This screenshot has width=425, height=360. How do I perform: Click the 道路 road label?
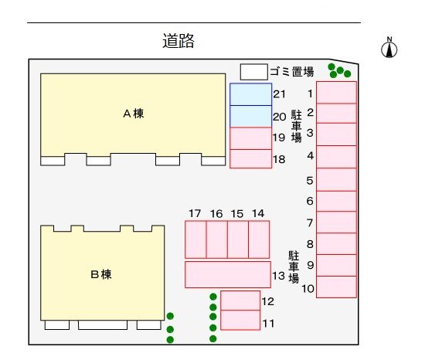[x=178, y=41]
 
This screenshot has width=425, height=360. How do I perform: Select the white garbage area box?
[x=254, y=72]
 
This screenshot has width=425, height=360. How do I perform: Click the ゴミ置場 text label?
[x=292, y=72]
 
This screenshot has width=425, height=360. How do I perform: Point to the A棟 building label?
[x=134, y=114]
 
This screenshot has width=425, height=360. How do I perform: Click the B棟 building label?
[x=100, y=274]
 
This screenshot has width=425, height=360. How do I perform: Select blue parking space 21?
[x=250, y=94]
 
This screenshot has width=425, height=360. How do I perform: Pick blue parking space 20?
[x=250, y=116]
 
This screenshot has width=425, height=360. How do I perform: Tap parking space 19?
[x=250, y=138]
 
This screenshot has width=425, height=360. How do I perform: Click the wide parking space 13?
[x=228, y=274]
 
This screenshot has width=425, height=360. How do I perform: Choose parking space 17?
[x=195, y=239]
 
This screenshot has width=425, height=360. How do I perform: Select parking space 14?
[x=259, y=239]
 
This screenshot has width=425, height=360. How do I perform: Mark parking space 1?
[x=336, y=93]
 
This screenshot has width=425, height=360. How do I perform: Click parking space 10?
[x=336, y=287]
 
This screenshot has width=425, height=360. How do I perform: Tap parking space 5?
[x=336, y=179]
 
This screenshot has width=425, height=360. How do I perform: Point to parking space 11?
[x=240, y=320]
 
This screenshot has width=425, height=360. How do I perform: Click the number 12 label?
[x=268, y=301]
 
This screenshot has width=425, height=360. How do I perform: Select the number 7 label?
[x=310, y=223]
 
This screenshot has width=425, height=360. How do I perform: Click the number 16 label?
[x=216, y=214]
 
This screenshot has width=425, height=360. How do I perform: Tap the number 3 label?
[x=310, y=133]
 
